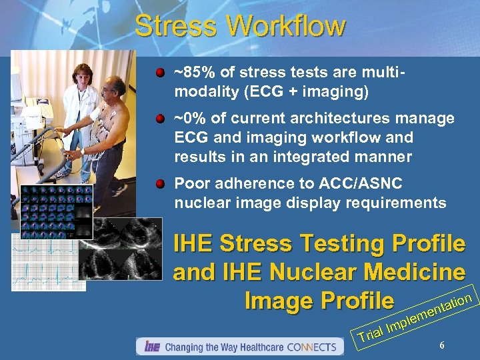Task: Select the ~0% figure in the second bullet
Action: coord(186,119)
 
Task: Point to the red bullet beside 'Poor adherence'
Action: coord(160,183)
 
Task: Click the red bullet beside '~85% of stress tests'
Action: coord(160,70)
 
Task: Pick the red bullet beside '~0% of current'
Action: coord(160,119)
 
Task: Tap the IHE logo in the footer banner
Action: coord(151,347)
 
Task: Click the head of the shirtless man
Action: coord(118,85)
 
